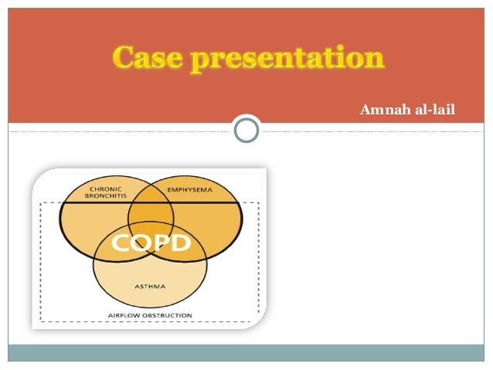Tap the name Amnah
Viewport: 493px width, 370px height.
382,110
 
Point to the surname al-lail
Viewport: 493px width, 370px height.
433,110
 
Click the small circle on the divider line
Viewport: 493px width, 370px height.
246,130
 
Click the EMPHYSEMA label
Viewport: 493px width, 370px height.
189,189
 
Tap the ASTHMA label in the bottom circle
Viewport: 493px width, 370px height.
150,285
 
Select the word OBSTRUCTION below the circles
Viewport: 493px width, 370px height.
168,315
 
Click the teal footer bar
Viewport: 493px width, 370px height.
246,353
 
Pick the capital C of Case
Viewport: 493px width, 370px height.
124,58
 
